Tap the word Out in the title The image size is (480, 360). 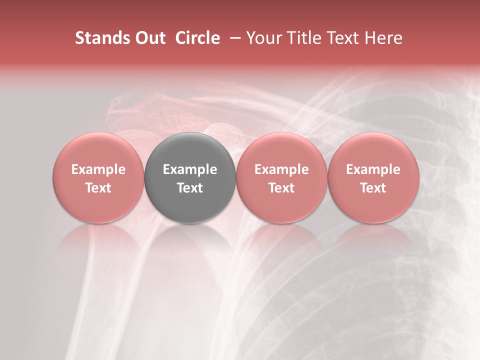click(149, 38)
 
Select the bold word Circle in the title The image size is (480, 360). click(197, 38)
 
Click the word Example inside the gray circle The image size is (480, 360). click(190, 169)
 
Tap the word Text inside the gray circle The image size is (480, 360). click(190, 188)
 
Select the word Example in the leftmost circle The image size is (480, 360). click(98, 169)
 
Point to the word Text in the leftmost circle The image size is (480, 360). click(98, 188)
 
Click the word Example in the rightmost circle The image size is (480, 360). click(373, 169)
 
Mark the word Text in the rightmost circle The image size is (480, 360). click(373, 188)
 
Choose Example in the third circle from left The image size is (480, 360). click(281, 169)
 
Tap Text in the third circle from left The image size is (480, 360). click(281, 188)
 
